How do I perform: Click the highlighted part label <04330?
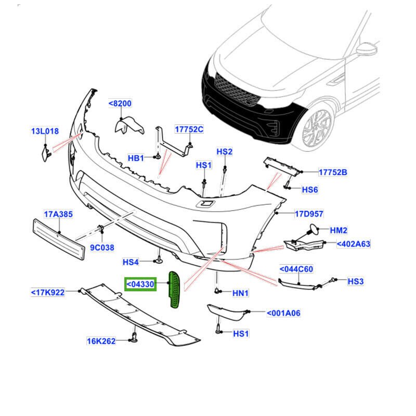click(140, 284)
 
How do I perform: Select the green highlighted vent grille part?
click(175, 289)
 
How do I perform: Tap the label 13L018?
click(44, 132)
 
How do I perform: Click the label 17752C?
click(189, 129)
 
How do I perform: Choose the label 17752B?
click(333, 172)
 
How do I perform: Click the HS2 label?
click(224, 152)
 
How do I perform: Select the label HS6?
click(309, 190)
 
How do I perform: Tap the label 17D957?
click(309, 213)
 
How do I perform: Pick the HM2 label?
click(339, 230)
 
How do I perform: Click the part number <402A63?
click(353, 243)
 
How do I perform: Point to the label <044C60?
click(296, 269)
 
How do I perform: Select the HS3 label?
click(356, 281)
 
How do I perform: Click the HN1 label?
click(240, 293)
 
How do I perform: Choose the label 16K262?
click(101, 341)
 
